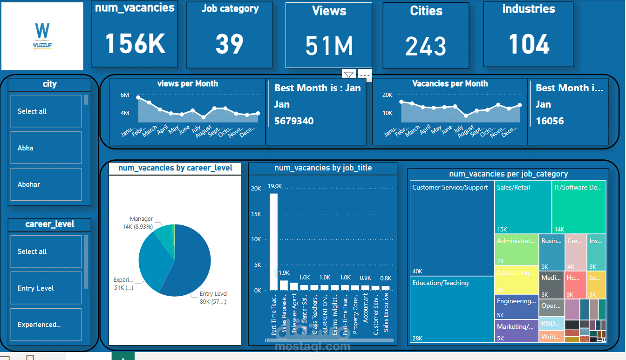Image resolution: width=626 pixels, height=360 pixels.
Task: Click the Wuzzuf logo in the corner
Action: pos(42,36)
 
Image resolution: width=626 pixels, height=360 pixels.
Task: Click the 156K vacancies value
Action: pos(135,44)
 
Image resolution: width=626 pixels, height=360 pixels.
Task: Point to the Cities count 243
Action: pos(426,46)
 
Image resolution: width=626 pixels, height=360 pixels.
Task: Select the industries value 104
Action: pos(529,44)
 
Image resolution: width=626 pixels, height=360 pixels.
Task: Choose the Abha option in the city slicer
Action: pos(46,148)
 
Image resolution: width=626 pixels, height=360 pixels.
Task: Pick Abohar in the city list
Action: pos(46,184)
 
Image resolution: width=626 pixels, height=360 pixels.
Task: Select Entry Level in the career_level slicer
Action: pos(46,288)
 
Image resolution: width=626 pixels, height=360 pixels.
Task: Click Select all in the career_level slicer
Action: pos(46,251)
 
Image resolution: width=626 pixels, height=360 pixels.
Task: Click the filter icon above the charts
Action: pos(348,75)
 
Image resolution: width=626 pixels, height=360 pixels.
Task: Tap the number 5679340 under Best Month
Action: pos(294,121)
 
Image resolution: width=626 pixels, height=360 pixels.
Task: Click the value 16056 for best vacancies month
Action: pos(550,121)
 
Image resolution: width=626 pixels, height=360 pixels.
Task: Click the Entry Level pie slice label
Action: pos(213,294)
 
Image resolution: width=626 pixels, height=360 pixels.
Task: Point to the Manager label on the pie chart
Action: pos(141,219)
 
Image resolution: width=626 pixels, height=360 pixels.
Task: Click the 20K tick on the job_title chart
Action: pos(256,189)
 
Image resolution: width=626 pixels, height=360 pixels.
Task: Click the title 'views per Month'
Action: pos(187,84)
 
